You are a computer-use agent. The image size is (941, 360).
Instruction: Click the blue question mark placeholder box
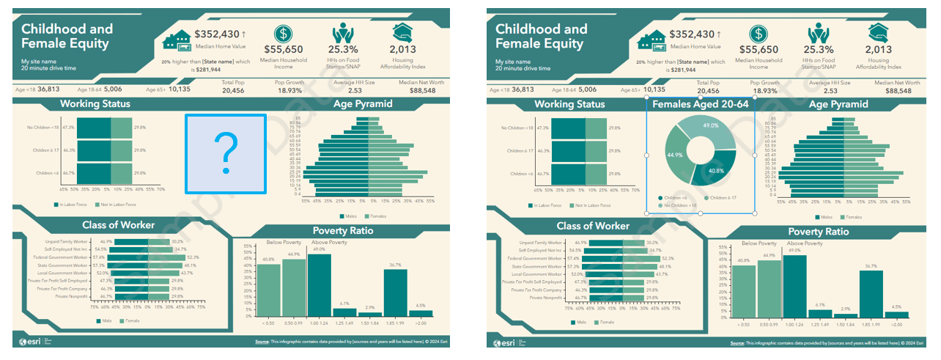click(226, 154)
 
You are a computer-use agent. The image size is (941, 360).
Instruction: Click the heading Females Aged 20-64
click(700, 104)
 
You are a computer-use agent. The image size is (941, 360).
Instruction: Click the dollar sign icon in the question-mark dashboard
click(284, 34)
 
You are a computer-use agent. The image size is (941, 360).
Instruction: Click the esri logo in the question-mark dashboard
click(32, 342)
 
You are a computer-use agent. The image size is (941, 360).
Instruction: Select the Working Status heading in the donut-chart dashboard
click(569, 104)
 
